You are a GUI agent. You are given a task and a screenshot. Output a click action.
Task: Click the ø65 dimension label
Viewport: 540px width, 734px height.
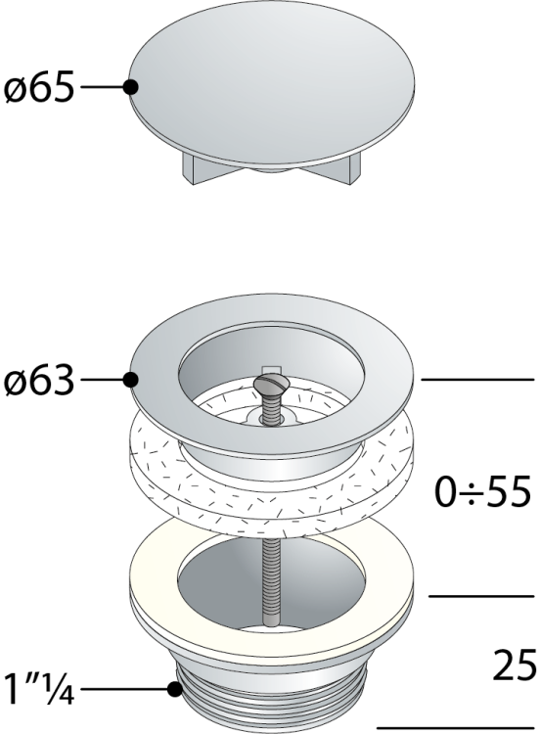[x=39, y=87]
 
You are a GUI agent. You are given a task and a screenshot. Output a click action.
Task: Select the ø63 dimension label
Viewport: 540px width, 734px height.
[x=39, y=380]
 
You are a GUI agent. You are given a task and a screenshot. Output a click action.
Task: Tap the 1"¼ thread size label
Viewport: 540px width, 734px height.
[x=39, y=689]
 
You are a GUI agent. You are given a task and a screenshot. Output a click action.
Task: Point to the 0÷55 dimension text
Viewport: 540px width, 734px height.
[x=483, y=491]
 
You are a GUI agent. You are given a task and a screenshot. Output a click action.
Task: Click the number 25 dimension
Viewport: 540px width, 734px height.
[x=515, y=665]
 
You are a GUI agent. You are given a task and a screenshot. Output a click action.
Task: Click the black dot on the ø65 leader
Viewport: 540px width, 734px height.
[x=130, y=87]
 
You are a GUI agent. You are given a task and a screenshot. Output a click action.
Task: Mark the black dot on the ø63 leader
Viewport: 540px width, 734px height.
[x=130, y=380]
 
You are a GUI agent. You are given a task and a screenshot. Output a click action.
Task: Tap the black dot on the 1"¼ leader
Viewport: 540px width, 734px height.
[x=175, y=689]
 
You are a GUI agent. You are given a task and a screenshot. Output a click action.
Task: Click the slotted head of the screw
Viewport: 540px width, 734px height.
[x=271, y=385]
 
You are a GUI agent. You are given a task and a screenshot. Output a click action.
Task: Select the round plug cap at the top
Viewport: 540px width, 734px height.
[x=271, y=86]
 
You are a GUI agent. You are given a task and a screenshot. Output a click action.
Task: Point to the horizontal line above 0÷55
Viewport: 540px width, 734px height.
[x=477, y=379]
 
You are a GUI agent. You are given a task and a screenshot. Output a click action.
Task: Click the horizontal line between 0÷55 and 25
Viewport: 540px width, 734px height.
[x=481, y=596]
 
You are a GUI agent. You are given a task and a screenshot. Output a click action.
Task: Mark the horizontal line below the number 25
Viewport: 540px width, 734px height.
[x=456, y=728]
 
